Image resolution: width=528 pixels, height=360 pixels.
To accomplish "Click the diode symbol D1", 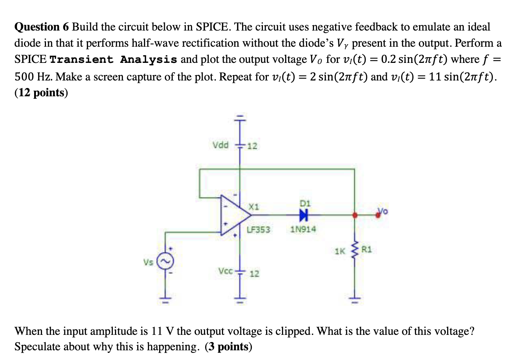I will point(304,215).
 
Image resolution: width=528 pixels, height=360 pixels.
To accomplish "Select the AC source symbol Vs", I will point(165,262).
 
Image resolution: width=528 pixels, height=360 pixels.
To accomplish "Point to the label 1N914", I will point(303,229).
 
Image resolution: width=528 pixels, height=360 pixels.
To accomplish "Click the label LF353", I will point(259,230).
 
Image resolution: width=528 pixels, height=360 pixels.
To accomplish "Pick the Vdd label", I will point(220,145).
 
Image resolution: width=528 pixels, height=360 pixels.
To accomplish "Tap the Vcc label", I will point(226,271).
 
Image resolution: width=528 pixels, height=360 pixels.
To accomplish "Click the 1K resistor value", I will point(340,251).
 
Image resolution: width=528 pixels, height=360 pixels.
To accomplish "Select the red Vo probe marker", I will point(378,215).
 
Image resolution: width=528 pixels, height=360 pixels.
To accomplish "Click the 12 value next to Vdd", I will point(252,146).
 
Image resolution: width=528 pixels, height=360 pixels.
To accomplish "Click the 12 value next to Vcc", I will point(254,274).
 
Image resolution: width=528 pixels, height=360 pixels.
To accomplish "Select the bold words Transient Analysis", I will point(113,59).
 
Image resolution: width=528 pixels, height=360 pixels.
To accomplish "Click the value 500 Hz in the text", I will point(33,77).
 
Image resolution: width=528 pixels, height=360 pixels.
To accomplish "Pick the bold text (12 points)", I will point(41,93).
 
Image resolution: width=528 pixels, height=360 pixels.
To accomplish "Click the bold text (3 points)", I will point(228,347).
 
